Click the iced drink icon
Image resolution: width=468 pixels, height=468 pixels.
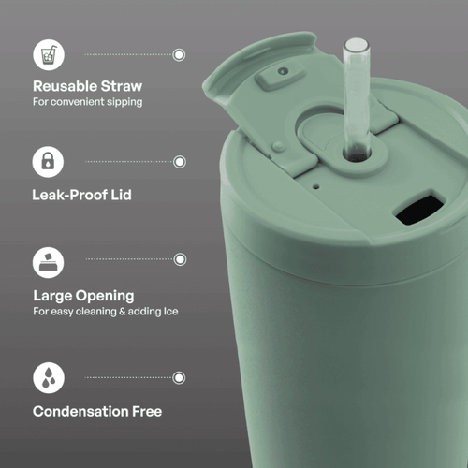[49, 54]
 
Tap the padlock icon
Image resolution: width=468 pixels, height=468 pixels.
[48, 162]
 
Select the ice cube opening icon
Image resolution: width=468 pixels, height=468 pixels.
[48, 262]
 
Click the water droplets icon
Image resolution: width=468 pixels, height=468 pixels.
[49, 377]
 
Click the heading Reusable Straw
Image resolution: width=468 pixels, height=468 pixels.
[87, 86]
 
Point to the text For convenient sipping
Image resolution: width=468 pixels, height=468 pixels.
[88, 102]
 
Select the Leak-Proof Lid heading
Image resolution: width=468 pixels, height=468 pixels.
[81, 195]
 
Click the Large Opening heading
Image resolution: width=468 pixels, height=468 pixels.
[83, 296]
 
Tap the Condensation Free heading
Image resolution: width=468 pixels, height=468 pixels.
[97, 411]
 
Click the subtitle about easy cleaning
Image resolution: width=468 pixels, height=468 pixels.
[106, 312]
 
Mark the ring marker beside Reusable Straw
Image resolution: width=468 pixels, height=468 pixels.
[179, 55]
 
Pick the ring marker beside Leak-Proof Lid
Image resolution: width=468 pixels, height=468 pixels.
[180, 162]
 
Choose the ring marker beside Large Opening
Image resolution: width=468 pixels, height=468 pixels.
[180, 259]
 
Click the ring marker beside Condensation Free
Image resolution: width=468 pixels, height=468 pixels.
[179, 378]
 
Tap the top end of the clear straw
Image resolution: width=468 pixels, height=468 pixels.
[357, 44]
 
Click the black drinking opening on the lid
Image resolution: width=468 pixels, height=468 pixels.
[419, 208]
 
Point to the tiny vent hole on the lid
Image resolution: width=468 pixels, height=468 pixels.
[316, 187]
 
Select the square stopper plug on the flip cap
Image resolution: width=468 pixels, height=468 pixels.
[281, 75]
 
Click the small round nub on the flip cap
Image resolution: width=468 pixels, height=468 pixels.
[278, 146]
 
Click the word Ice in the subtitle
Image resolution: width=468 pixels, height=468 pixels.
[170, 311]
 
